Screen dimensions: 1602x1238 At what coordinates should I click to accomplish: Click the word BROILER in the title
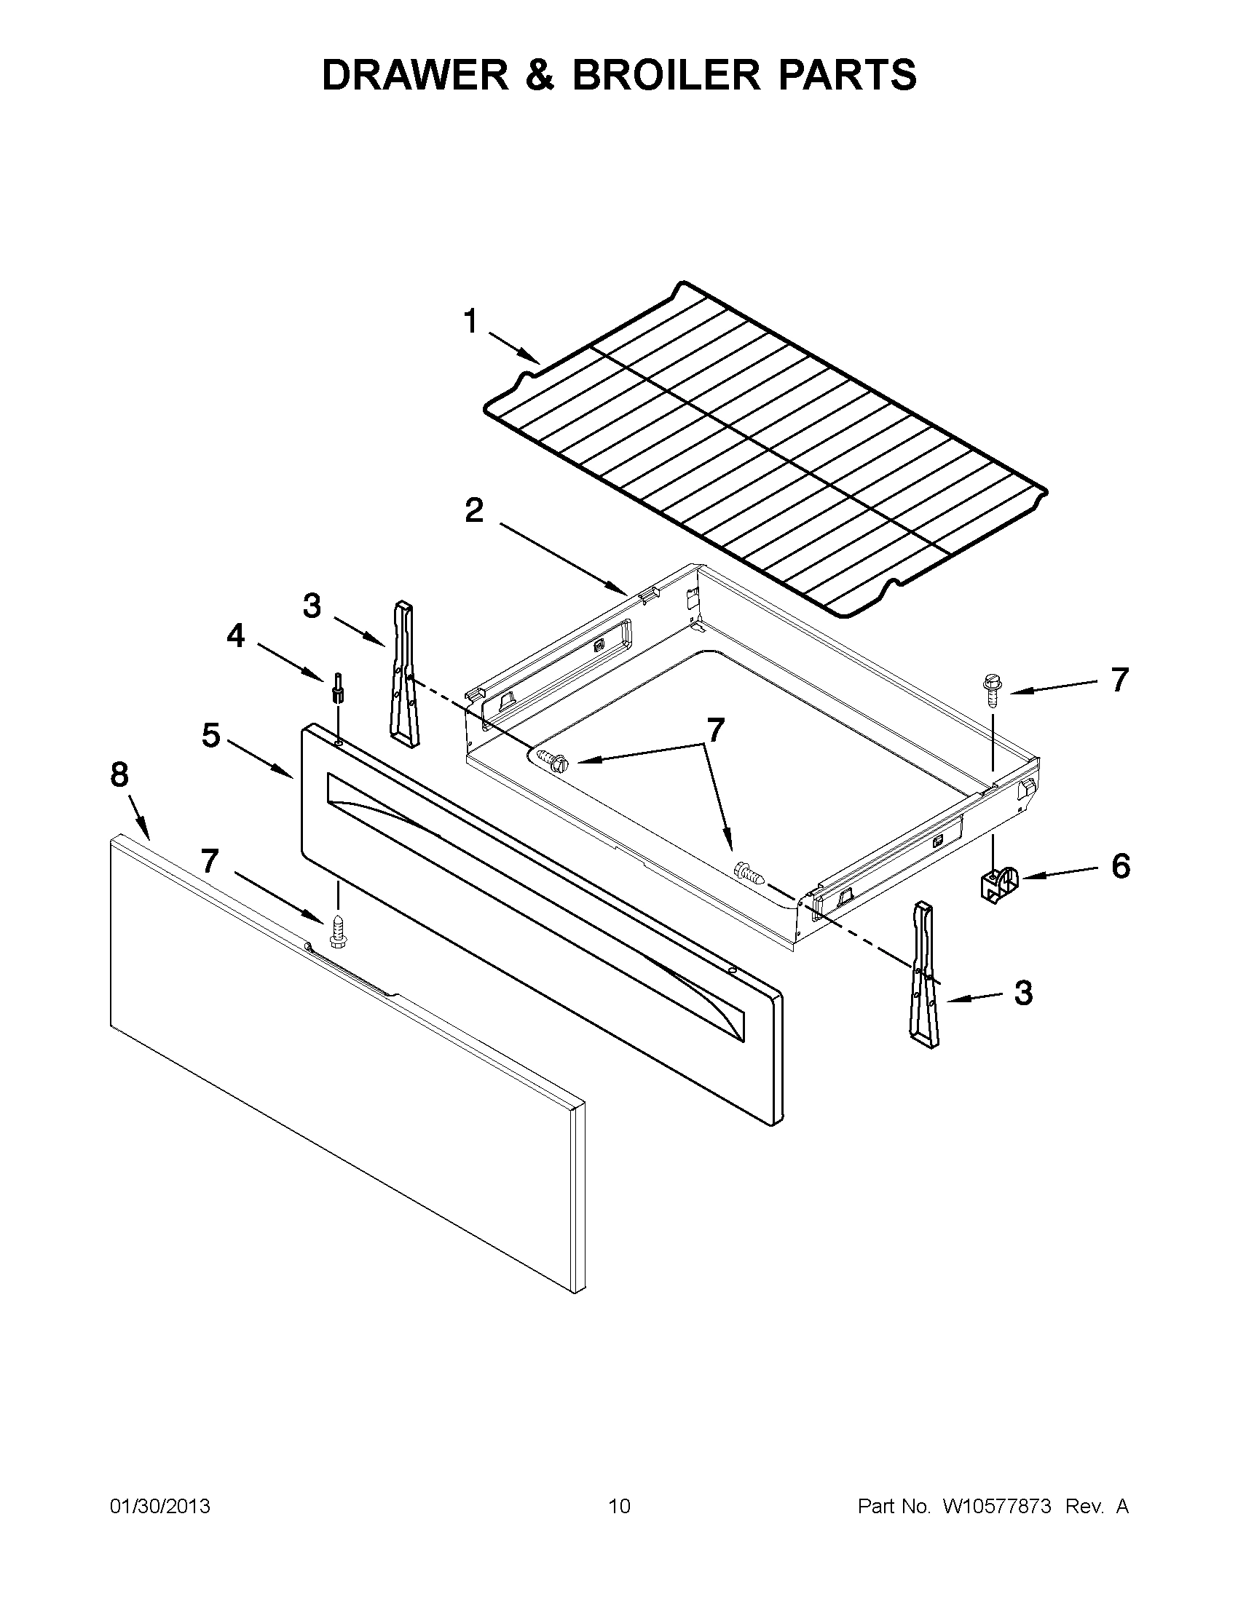coord(666,75)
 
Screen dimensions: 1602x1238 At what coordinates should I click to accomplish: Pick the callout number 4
coord(234,635)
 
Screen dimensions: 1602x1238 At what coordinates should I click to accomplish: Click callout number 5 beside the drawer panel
coord(210,735)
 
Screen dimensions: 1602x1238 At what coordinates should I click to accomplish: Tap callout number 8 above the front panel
coord(119,774)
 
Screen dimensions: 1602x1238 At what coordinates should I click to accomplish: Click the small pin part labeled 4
coord(339,687)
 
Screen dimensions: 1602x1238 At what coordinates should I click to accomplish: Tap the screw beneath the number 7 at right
coord(991,691)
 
